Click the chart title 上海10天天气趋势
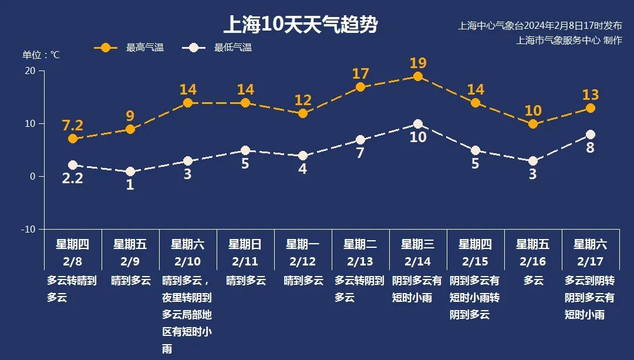[x=300, y=25]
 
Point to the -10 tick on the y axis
[x=28, y=229]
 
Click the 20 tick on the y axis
[x=29, y=71]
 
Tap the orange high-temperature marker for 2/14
[x=418, y=76]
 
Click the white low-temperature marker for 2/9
[x=130, y=171]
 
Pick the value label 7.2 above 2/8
[x=73, y=125]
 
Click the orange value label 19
[x=418, y=63]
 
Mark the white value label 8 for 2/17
[x=590, y=148]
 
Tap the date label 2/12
[x=303, y=261]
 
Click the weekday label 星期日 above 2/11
[x=245, y=244]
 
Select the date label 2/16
[x=533, y=261]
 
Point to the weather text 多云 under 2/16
[x=533, y=281]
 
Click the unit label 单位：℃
[x=41, y=55]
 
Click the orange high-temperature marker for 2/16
[x=533, y=124]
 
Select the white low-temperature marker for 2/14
[x=418, y=124]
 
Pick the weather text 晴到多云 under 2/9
[x=131, y=281]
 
